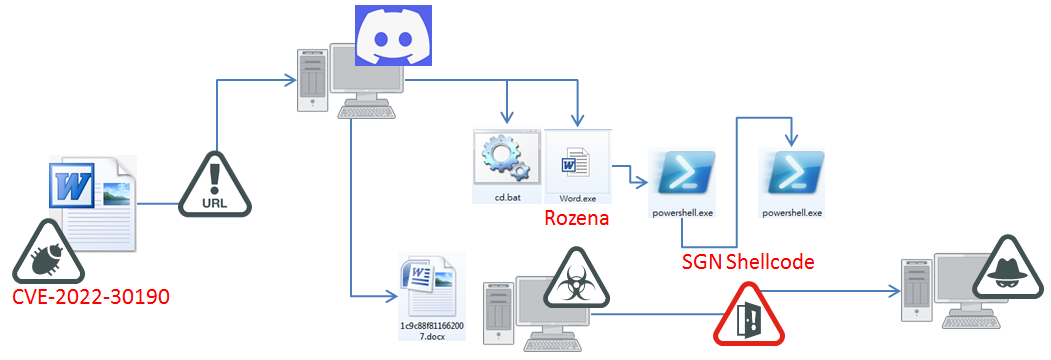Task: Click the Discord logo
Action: [x=393, y=36]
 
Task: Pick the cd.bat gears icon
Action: [x=507, y=158]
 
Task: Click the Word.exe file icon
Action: [x=577, y=161]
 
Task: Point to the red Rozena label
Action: [x=576, y=218]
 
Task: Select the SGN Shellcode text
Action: [x=747, y=262]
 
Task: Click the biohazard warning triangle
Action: [x=575, y=281]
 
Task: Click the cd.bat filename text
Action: [x=507, y=198]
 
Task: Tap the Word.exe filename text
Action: [x=577, y=198]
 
